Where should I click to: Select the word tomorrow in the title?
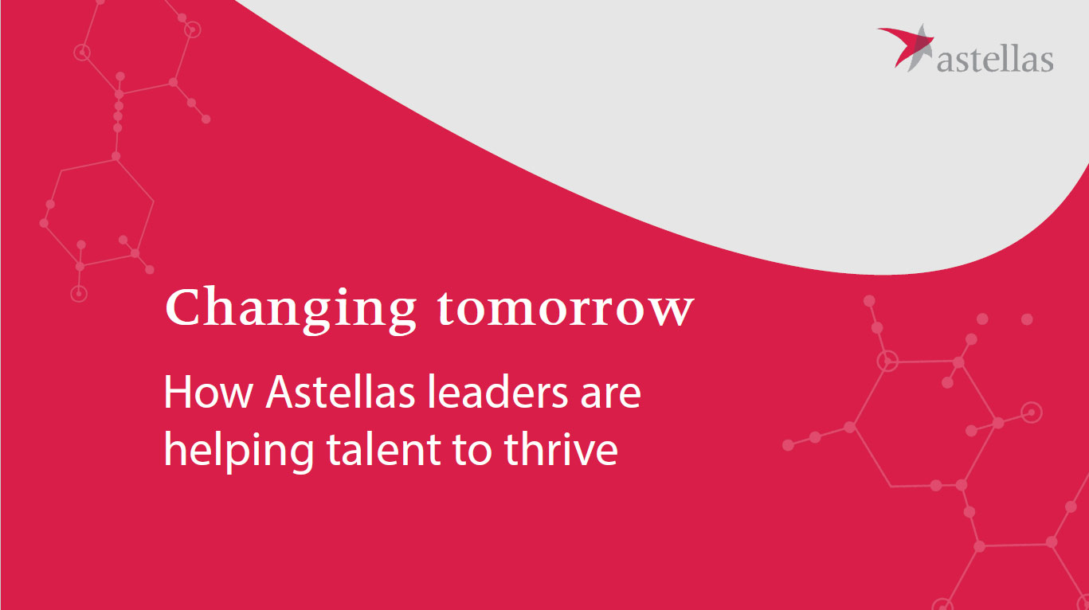(x=566, y=309)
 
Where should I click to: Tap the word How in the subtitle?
(x=208, y=392)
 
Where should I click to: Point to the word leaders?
(x=497, y=391)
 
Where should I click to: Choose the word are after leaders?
(x=610, y=397)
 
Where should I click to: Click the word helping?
(x=239, y=451)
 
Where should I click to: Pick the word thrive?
(x=561, y=449)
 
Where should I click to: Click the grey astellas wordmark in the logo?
(x=995, y=60)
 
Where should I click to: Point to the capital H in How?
(x=177, y=392)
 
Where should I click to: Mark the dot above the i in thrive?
(x=569, y=435)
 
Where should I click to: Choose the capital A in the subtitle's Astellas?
(x=280, y=392)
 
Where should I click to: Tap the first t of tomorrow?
(x=446, y=309)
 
